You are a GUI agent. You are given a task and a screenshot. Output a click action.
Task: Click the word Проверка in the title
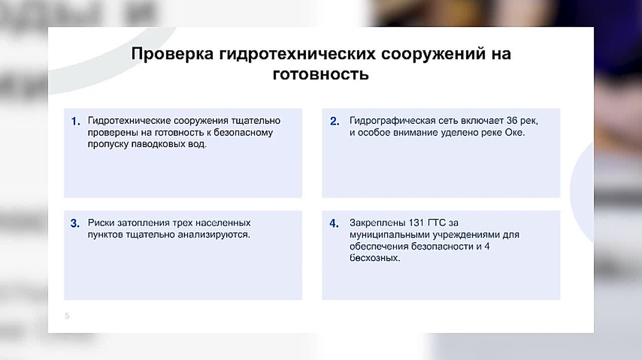pos(172,54)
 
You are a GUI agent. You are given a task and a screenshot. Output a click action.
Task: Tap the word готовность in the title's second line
pos(320,75)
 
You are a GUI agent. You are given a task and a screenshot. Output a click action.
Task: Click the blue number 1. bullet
pos(76,121)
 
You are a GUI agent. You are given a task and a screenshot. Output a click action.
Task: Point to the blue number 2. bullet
pos(335,121)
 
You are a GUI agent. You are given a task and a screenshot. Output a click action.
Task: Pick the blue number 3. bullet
pos(75,223)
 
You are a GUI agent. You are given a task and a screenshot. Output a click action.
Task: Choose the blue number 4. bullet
pos(334,223)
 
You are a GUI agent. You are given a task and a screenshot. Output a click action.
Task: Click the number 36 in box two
pos(512,121)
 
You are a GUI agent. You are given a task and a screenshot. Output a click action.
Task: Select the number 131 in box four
pos(416,223)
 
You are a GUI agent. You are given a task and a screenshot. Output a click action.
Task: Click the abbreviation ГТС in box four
pos(437,223)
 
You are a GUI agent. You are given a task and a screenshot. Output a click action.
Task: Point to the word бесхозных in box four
pos(375,258)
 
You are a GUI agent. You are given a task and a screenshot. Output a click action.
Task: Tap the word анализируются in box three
pos(214,235)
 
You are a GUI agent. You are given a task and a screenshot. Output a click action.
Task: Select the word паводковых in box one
pos(158,144)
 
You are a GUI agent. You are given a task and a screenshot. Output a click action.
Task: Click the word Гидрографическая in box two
pos(392,121)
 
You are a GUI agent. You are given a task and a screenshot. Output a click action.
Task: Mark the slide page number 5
pos(67,316)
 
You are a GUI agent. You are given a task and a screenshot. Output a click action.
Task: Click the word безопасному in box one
pos(243,133)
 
